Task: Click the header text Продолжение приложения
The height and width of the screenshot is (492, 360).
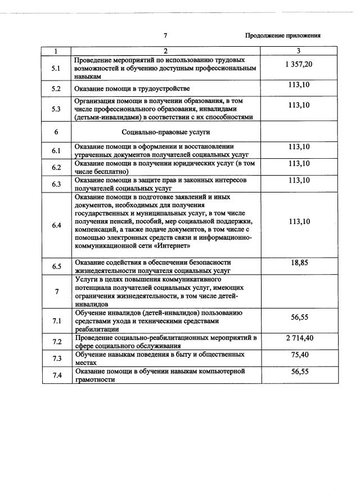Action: click(x=283, y=35)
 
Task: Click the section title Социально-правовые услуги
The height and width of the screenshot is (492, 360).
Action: click(x=166, y=132)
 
